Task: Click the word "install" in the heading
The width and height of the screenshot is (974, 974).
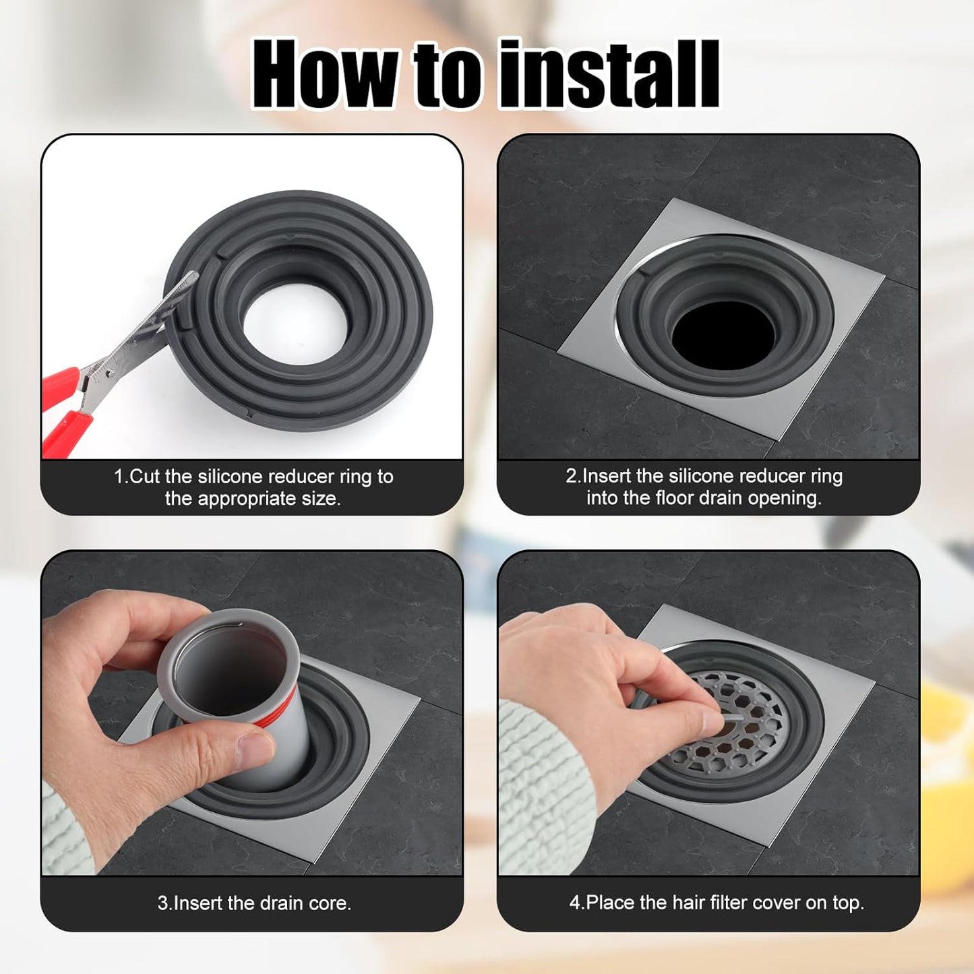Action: pyautogui.click(x=609, y=74)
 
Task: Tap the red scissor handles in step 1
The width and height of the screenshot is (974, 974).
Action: pyautogui.click(x=63, y=412)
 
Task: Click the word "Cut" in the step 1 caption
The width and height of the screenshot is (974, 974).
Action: pyautogui.click(x=146, y=477)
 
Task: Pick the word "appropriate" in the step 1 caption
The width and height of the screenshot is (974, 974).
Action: pyautogui.click(x=247, y=499)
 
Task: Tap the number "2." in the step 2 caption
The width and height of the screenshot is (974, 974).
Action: pyautogui.click(x=574, y=476)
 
